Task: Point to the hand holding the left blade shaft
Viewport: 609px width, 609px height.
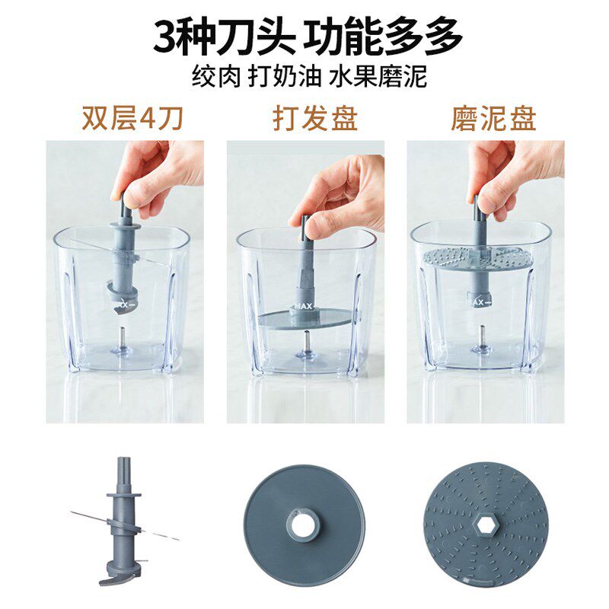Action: pyautogui.click(x=156, y=175)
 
